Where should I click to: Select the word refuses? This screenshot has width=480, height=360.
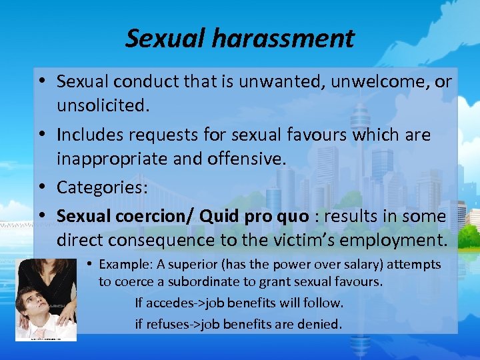(x=167, y=325)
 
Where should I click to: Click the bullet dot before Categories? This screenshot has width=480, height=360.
(x=41, y=188)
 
